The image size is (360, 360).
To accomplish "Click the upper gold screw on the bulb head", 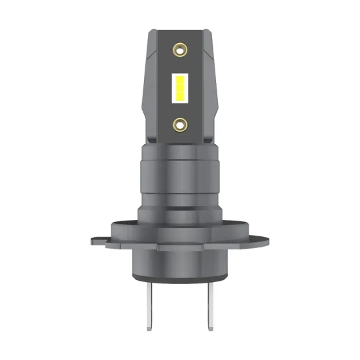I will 179,48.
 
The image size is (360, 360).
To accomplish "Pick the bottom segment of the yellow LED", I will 179,96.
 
